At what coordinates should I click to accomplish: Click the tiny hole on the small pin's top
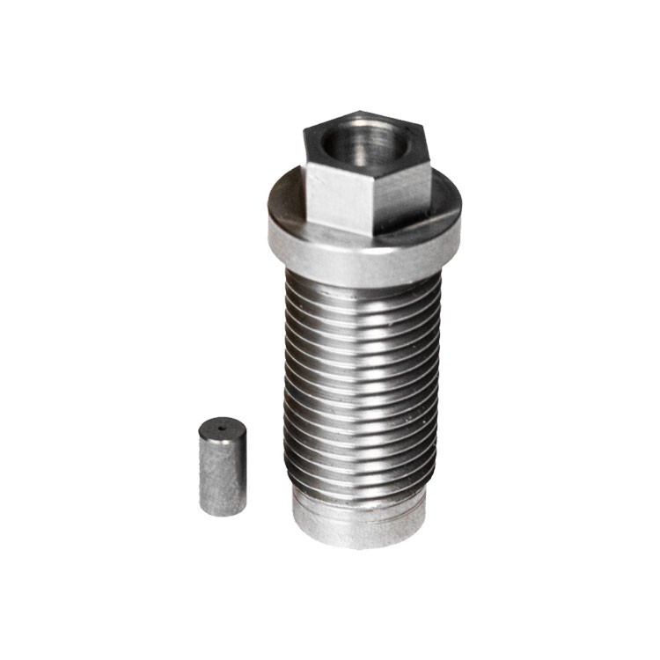click(x=220, y=429)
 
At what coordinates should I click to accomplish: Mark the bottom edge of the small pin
click(x=221, y=512)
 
